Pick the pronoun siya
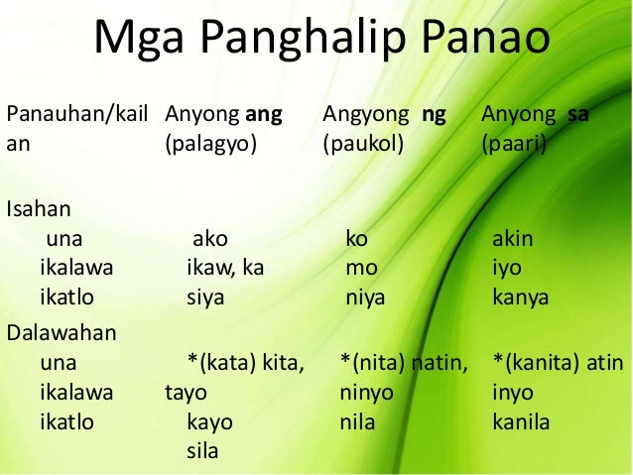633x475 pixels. pos(206,297)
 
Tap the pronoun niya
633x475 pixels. pos(363,297)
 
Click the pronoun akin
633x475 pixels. pos(513,239)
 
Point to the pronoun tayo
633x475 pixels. pos(185,392)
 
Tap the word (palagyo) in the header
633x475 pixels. pos(210,144)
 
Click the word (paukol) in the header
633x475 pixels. pos(363,144)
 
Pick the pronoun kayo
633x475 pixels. pos(209,421)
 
